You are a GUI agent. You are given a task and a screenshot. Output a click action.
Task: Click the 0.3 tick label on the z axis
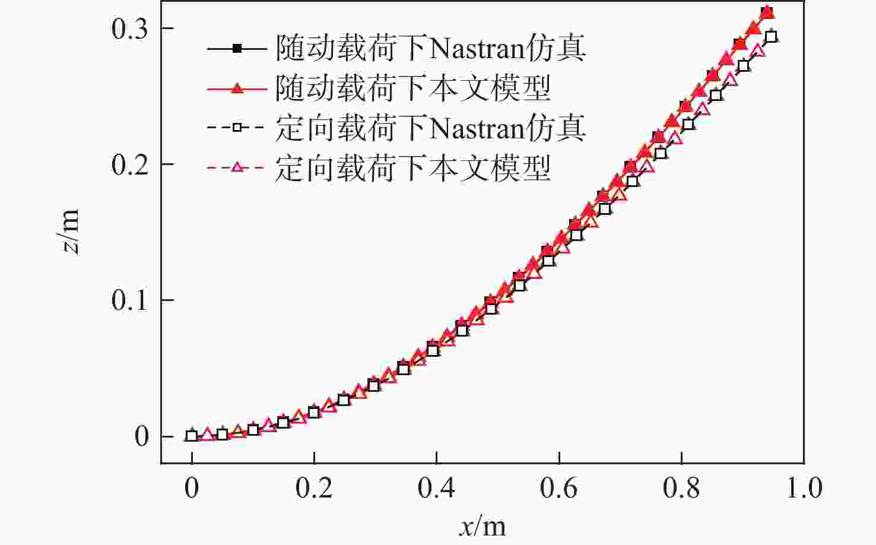(x=129, y=29)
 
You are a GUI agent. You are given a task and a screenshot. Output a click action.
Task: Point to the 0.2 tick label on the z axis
(x=129, y=164)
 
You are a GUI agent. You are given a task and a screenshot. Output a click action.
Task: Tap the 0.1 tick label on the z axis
(x=129, y=300)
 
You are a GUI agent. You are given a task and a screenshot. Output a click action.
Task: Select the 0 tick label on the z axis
(x=141, y=436)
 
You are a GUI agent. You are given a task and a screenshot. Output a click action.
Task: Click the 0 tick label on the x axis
(x=191, y=488)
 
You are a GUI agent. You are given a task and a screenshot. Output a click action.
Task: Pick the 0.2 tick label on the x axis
(x=314, y=488)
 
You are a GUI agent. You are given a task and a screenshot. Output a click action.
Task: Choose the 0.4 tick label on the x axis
(x=436, y=488)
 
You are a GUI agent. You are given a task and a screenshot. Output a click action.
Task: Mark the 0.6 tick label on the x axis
(x=558, y=488)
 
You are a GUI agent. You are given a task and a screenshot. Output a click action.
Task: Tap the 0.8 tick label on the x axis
(x=681, y=488)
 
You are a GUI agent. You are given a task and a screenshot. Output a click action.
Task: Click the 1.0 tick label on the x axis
(x=804, y=488)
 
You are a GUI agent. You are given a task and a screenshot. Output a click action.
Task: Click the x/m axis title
(x=482, y=526)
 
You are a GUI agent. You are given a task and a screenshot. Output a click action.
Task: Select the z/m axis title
(x=71, y=232)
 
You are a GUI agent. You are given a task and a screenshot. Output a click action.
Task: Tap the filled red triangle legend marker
(x=236, y=88)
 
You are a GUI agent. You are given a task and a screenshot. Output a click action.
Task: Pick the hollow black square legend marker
(x=236, y=128)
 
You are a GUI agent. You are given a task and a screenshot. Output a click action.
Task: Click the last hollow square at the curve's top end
(x=770, y=37)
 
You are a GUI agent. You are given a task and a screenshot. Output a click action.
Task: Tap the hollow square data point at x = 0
(x=191, y=436)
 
